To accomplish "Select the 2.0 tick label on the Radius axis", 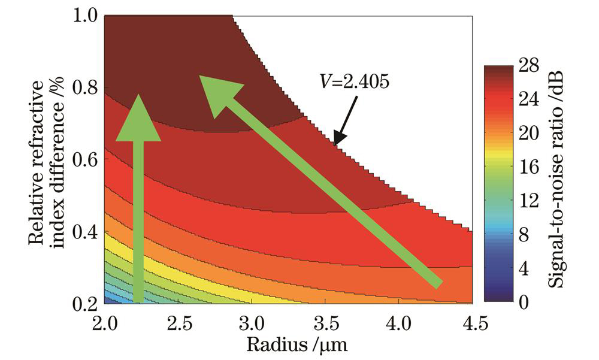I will (104, 324).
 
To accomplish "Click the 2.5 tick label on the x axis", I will (179, 324).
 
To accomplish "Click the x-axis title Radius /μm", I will (288, 345).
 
